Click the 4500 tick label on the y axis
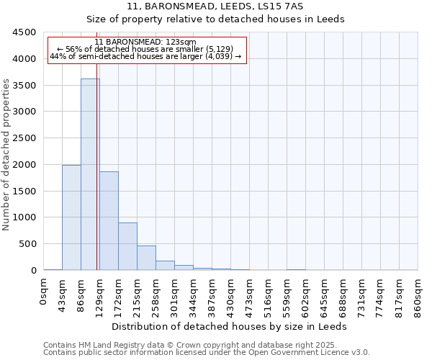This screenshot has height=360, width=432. (24, 32)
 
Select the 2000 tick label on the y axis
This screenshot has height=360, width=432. (24, 165)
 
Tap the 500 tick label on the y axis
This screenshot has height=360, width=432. (27, 244)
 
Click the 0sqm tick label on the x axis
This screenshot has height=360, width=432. (44, 291)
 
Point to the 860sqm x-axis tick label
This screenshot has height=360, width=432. (418, 295)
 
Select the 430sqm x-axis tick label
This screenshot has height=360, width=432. (231, 295)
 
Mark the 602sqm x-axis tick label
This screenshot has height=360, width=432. (306, 295)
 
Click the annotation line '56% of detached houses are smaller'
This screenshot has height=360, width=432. (145, 49)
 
